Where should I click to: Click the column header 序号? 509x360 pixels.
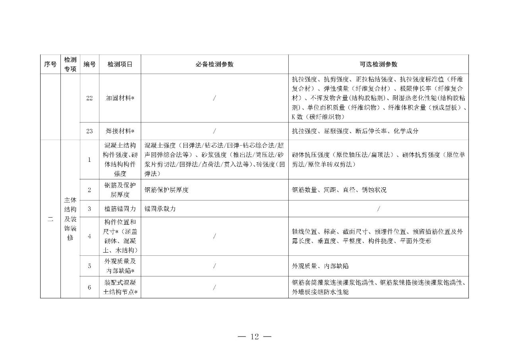coord(50,64)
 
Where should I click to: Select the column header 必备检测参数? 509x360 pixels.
coord(214,64)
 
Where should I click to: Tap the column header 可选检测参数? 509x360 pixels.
coord(378,64)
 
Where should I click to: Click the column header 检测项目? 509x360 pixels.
coord(120,64)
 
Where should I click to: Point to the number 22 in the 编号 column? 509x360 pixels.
coord(89,98)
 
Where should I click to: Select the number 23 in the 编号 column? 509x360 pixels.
coord(89,131)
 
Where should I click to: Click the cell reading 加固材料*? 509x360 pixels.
coord(120,98)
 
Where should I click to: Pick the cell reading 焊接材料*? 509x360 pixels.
coord(120,131)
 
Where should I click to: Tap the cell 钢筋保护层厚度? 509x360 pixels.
coord(167,190)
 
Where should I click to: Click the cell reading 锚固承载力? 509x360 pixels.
coord(160,208)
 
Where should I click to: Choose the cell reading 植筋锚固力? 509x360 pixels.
coord(120,208)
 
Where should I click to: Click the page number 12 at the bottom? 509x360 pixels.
coord(254,337)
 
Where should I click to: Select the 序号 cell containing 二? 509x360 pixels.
coord(50,219)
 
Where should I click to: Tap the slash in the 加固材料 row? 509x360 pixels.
coord(214,98)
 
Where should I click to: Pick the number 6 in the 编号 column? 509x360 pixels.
coord(89,287)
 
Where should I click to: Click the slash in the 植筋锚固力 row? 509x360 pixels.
coord(378,208)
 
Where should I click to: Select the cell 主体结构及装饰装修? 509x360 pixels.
coord(70,219)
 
